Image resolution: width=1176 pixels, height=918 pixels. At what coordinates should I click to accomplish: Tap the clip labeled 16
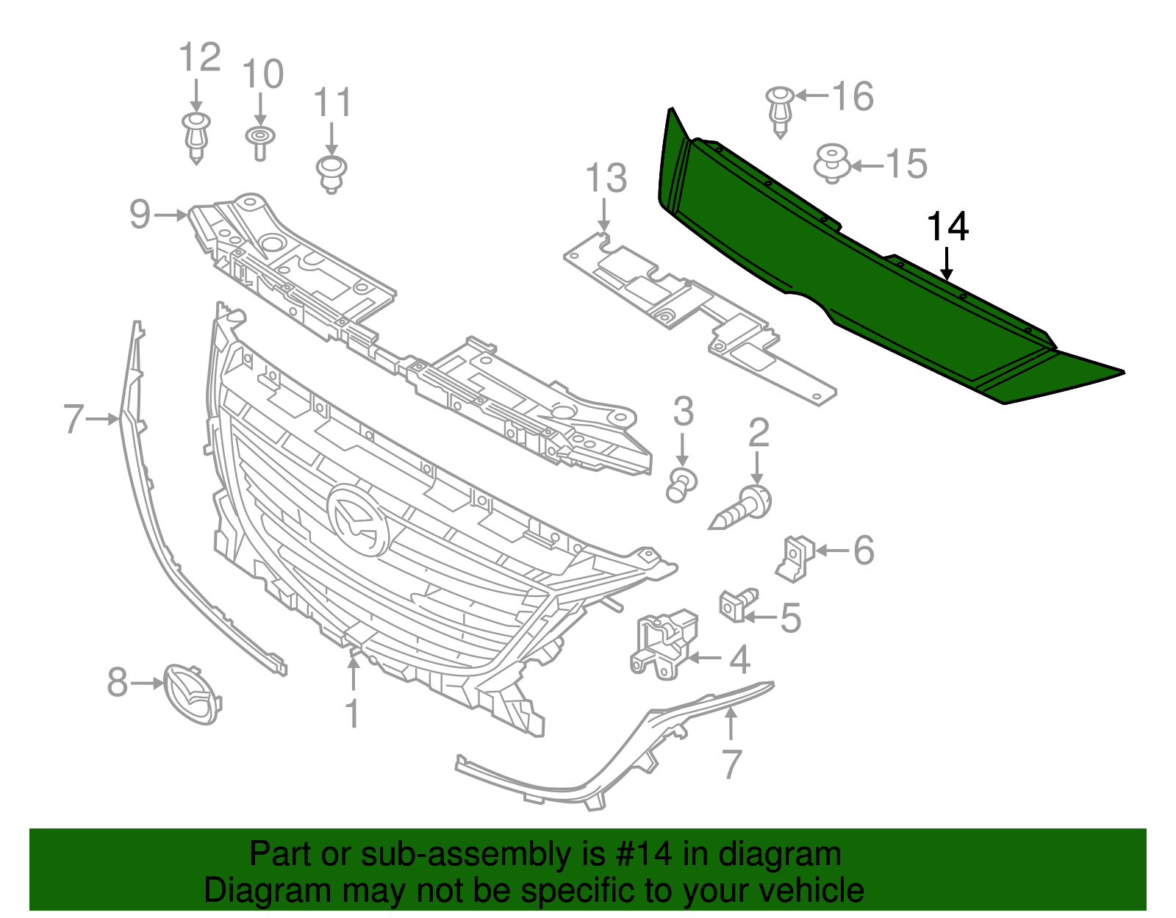[x=780, y=110]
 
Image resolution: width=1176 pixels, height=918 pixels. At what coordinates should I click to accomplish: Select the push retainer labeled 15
[x=831, y=162]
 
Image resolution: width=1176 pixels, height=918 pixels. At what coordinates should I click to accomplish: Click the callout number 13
[x=606, y=179]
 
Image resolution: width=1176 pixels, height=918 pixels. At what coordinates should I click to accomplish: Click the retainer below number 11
[x=331, y=172]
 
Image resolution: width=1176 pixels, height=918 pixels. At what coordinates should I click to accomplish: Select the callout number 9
[x=139, y=214]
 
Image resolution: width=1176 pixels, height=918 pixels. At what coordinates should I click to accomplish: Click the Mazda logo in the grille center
[x=358, y=519]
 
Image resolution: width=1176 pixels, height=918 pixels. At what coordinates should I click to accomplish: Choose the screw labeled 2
[x=742, y=509]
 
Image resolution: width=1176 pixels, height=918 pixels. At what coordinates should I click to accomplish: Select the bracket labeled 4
[x=663, y=644]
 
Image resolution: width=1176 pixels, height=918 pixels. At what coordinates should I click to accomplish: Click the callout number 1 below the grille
[x=353, y=713]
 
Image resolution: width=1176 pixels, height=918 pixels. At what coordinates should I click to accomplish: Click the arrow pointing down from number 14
[x=948, y=265]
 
